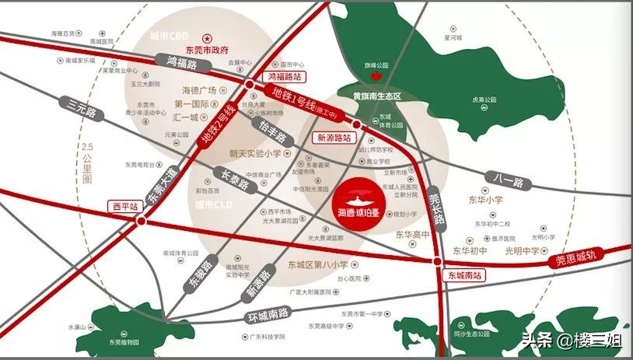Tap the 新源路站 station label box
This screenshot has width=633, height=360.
332,137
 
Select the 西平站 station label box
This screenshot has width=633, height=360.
124,207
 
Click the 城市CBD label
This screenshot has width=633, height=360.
170,36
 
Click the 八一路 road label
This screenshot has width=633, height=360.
508,180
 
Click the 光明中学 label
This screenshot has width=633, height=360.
521,251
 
